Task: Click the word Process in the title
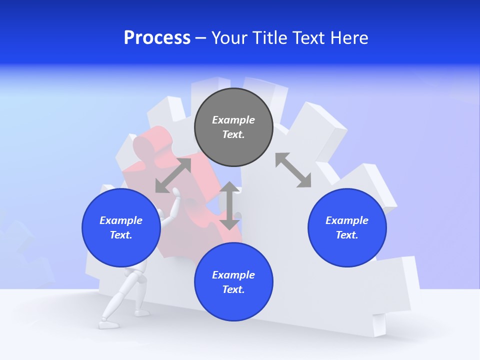(x=157, y=38)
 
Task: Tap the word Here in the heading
(x=349, y=38)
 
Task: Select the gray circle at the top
(x=233, y=127)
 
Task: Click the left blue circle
(x=121, y=228)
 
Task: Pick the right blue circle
(x=347, y=228)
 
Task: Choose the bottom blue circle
(x=233, y=282)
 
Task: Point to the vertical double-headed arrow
(x=229, y=205)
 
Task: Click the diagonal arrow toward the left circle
(x=173, y=175)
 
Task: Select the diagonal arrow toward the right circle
(x=293, y=170)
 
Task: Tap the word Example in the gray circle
(x=233, y=120)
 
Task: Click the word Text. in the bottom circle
(x=233, y=289)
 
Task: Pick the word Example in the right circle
(x=347, y=220)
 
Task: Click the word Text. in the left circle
(x=121, y=235)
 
